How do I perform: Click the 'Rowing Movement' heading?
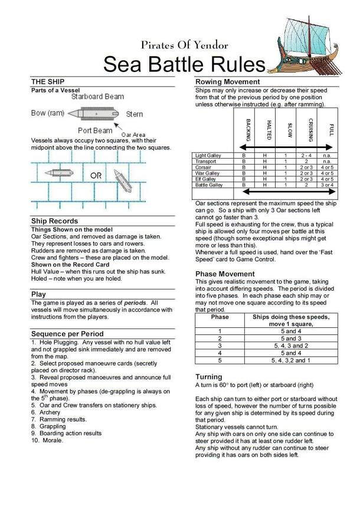(x=227, y=81)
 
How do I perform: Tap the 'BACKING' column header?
(x=247, y=130)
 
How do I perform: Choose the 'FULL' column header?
(x=332, y=130)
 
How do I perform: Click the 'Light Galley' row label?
(x=207, y=156)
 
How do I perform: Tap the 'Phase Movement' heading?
(x=225, y=274)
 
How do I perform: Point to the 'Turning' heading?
(x=209, y=376)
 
